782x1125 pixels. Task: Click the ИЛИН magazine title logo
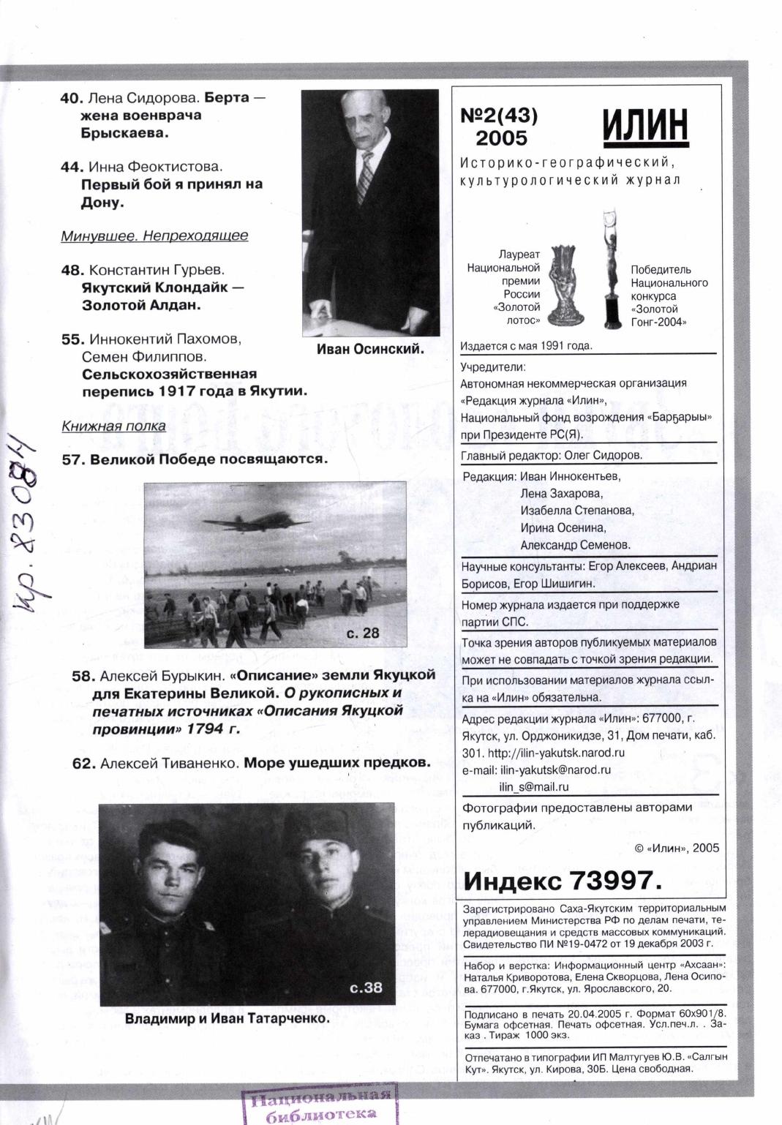(x=646, y=126)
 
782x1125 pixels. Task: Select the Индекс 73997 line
(x=563, y=881)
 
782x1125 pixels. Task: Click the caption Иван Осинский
(x=370, y=349)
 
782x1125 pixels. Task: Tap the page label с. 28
(x=363, y=633)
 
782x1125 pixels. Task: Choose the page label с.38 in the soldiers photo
(x=366, y=987)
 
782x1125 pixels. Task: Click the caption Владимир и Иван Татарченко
(x=228, y=1018)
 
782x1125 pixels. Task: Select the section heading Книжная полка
(x=113, y=426)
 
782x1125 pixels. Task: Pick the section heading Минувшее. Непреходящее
(x=154, y=236)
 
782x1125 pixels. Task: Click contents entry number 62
(x=84, y=763)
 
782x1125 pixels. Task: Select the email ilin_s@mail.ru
(x=534, y=787)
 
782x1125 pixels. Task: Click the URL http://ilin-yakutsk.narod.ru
(x=556, y=753)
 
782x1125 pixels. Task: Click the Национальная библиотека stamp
(x=319, y=1105)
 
